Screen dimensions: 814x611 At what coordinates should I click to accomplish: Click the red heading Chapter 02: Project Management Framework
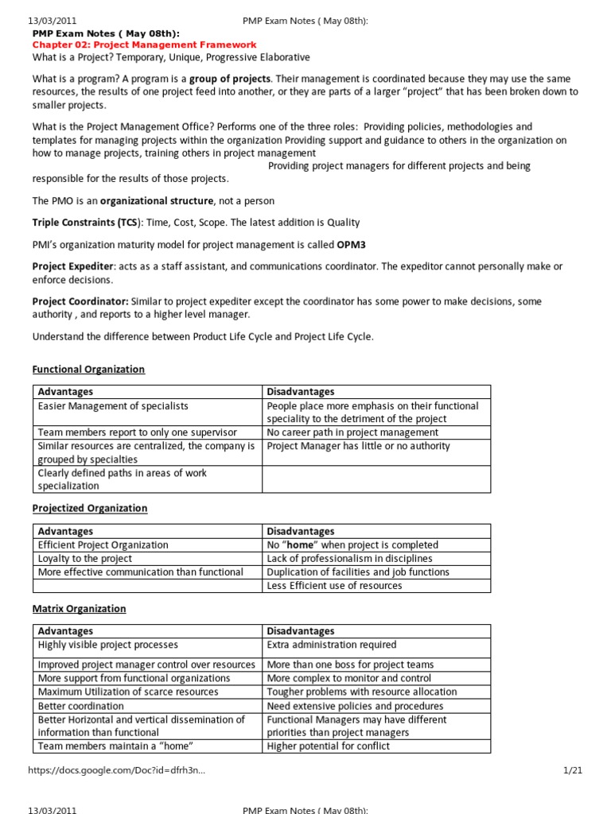[144, 45]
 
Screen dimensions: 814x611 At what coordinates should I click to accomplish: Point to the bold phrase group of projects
[230, 79]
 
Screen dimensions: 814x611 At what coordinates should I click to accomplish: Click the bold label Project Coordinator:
[80, 301]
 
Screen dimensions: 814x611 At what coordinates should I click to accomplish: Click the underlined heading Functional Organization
[88, 370]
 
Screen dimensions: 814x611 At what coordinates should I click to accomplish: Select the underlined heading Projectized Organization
[90, 508]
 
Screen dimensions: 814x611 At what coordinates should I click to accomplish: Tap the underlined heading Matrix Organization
[79, 609]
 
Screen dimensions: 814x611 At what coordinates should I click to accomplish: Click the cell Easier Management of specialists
[113, 406]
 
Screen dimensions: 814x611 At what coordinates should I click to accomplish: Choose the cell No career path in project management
[352, 432]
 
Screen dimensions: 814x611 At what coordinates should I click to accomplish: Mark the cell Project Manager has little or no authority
[358, 446]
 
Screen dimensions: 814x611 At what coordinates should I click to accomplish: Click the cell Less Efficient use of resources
[334, 586]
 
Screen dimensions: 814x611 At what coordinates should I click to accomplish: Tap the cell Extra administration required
[331, 645]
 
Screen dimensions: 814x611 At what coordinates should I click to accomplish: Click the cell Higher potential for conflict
[329, 746]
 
